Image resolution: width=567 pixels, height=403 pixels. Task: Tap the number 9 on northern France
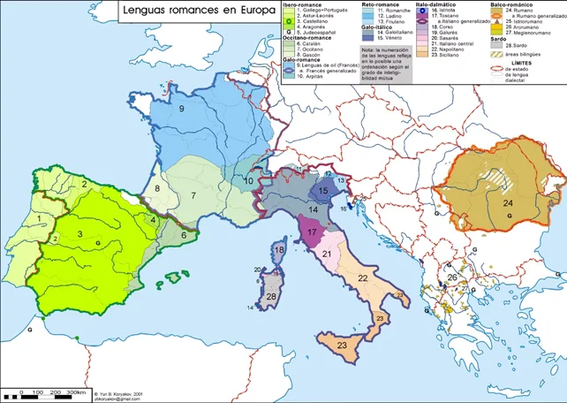click(181, 109)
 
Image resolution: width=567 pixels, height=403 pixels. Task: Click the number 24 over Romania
click(508, 202)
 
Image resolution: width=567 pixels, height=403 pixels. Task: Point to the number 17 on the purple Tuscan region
click(311, 232)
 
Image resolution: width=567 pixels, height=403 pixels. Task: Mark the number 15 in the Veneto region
click(323, 190)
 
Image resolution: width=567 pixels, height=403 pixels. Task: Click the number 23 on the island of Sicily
click(342, 347)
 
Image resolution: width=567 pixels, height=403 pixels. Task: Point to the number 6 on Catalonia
click(183, 235)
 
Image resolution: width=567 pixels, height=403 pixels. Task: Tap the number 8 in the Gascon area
click(157, 189)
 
